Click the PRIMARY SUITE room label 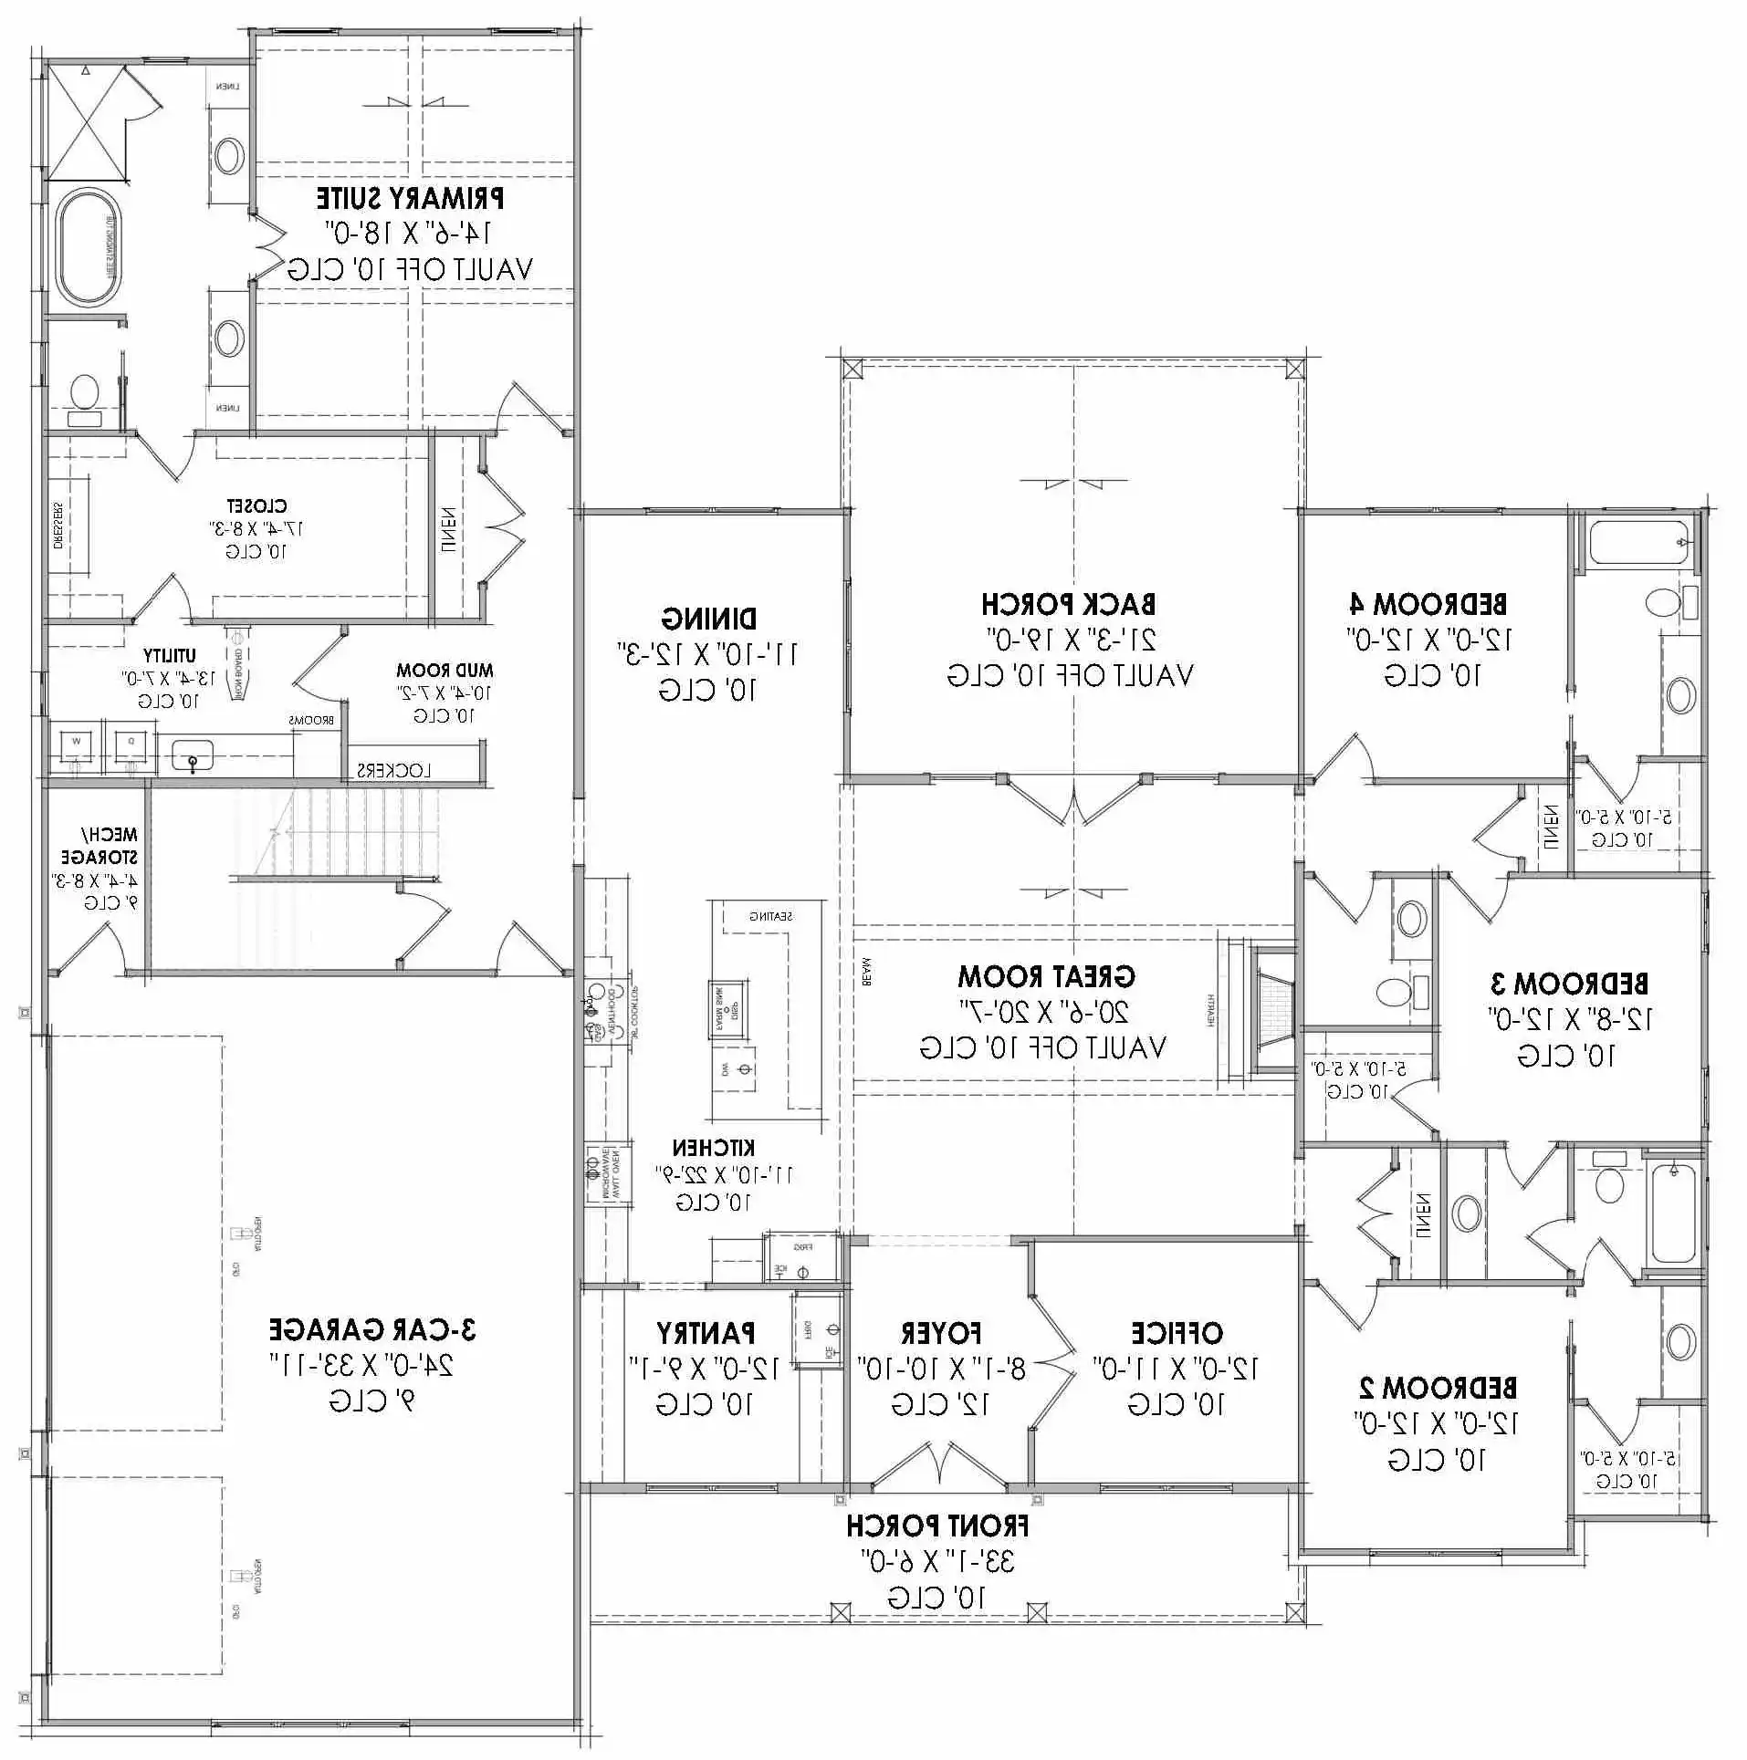[x=410, y=198]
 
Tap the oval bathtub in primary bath [x=88, y=246]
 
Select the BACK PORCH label [x=1069, y=604]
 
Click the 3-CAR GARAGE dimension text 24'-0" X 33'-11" [x=362, y=1365]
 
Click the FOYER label [x=941, y=1333]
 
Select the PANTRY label [x=706, y=1333]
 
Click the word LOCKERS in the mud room [x=393, y=770]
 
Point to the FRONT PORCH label [x=937, y=1526]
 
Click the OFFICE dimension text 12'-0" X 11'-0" [x=1177, y=1369]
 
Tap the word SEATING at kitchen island [x=771, y=916]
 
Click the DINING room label [x=709, y=619]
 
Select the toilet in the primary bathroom [x=84, y=394]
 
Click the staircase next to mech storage [x=338, y=835]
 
